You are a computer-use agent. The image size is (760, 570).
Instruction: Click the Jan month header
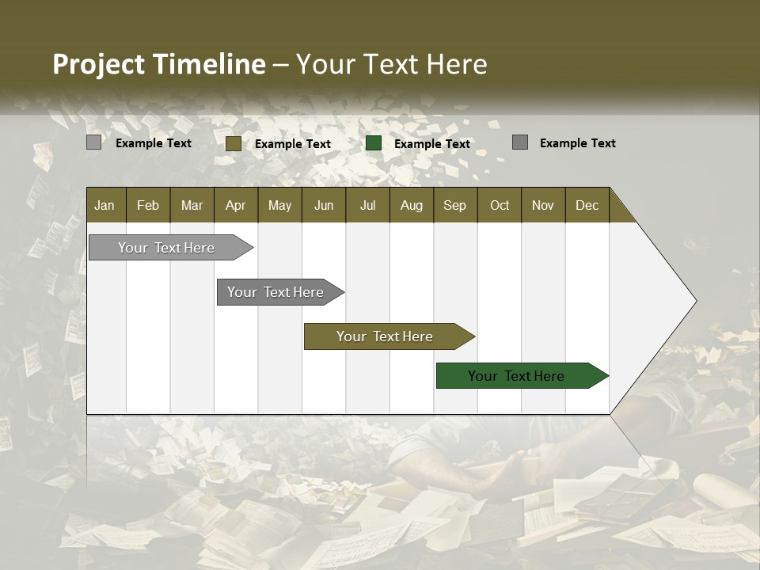(x=104, y=205)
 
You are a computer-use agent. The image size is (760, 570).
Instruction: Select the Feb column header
(x=148, y=205)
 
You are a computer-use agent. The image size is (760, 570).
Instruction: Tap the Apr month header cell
(x=235, y=205)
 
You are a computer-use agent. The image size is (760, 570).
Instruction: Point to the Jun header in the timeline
(x=324, y=205)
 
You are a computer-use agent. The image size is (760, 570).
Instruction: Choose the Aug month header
(x=411, y=205)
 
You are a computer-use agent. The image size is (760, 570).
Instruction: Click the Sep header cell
(x=454, y=205)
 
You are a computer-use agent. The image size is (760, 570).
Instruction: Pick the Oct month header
(x=500, y=205)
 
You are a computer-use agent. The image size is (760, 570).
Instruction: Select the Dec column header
(x=587, y=205)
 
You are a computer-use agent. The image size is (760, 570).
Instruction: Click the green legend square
(x=374, y=143)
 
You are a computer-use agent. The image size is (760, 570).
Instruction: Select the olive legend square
(x=234, y=143)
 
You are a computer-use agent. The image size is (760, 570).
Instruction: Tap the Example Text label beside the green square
(x=431, y=144)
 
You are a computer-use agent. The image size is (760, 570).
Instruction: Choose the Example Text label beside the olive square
(x=292, y=144)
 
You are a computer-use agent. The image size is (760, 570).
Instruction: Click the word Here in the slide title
(x=457, y=64)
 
